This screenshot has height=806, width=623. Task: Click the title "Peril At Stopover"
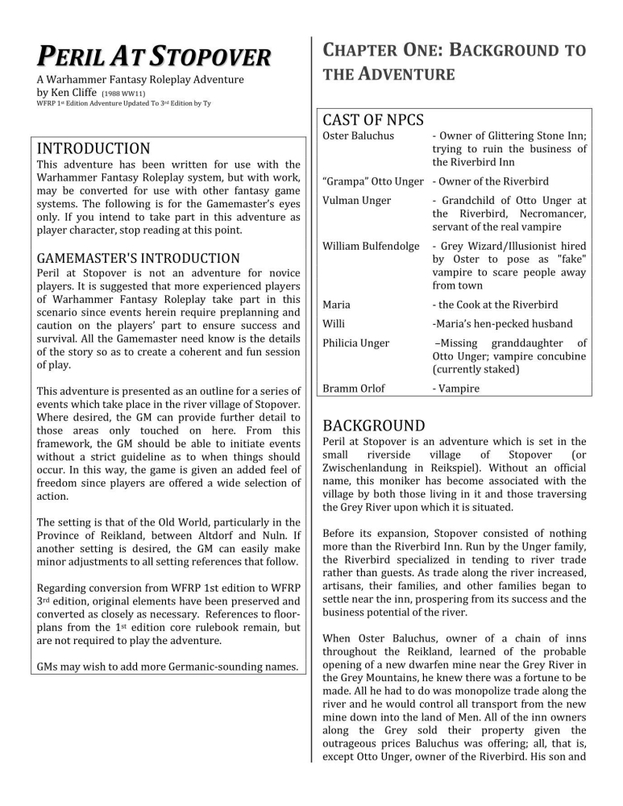click(x=152, y=58)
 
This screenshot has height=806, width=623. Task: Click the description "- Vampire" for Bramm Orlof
click(x=455, y=388)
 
